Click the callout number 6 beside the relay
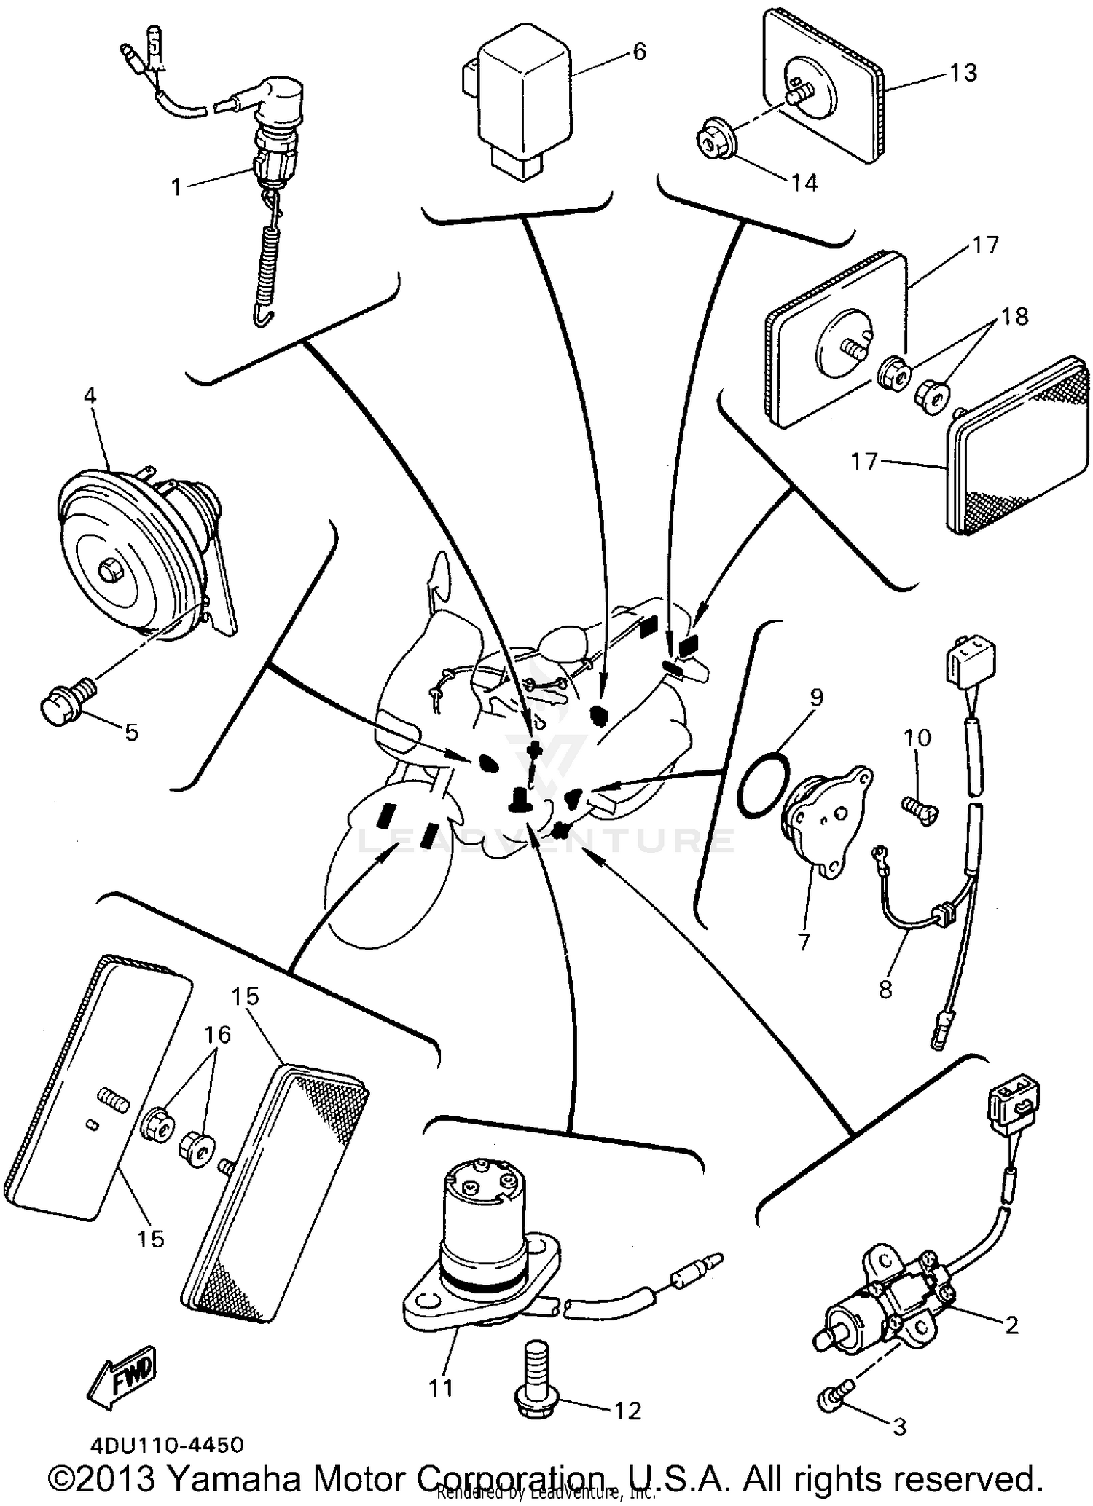point(638,52)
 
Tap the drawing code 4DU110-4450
point(167,1443)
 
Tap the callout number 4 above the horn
point(90,396)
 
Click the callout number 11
point(440,1388)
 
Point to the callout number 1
point(176,187)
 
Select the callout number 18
point(1014,317)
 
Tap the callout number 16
point(217,1035)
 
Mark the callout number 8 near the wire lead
point(885,990)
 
